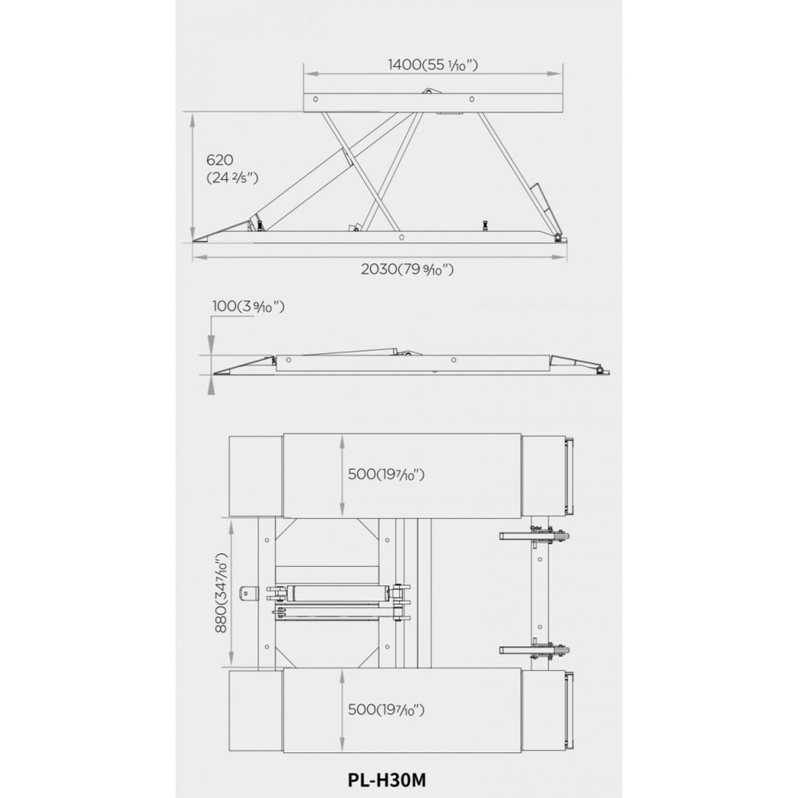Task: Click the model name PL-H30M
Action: pyautogui.click(x=387, y=779)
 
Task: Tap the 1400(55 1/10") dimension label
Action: pyautogui.click(x=433, y=65)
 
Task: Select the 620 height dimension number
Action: pyautogui.click(x=220, y=160)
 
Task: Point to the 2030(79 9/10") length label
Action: pyautogui.click(x=407, y=269)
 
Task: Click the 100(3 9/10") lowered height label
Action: pyautogui.click(x=249, y=306)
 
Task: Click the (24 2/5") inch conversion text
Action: pyautogui.click(x=232, y=178)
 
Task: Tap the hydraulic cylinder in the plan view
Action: pyautogui.click(x=337, y=592)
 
